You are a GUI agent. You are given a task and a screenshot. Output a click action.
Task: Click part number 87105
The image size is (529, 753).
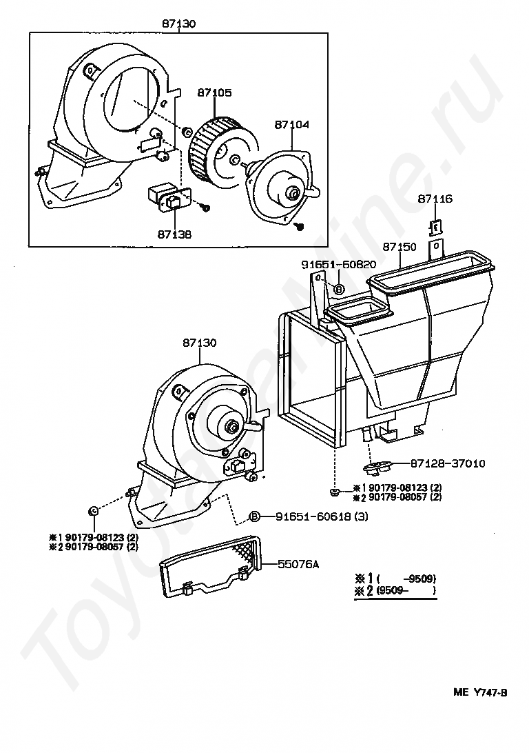(x=214, y=92)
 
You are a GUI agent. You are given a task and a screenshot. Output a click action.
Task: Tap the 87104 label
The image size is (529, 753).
(x=291, y=124)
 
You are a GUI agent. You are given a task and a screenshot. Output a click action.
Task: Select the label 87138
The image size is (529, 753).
(x=174, y=234)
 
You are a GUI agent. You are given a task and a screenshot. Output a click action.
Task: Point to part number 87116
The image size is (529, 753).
(x=435, y=199)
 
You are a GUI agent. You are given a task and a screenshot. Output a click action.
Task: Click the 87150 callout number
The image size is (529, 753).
(x=400, y=246)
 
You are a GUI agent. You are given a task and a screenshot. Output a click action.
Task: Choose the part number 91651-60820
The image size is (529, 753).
(x=339, y=265)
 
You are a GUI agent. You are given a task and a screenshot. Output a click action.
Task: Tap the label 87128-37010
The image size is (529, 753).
(x=448, y=463)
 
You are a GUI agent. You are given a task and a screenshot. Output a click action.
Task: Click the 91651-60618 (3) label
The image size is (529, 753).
(x=322, y=516)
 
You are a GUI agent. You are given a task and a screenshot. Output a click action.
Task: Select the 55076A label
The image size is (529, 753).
(x=298, y=564)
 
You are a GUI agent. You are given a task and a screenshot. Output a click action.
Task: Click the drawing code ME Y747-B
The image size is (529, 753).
(x=480, y=692)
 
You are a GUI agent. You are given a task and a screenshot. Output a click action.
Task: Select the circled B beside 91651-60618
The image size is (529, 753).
(x=254, y=516)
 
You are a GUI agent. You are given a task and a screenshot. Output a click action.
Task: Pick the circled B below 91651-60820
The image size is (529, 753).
(x=339, y=289)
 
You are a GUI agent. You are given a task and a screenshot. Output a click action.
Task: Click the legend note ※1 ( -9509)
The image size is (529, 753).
(x=395, y=578)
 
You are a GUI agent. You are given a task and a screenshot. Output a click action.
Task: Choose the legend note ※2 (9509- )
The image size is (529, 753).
(x=395, y=590)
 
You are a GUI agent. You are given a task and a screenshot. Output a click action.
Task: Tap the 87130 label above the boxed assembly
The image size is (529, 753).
(x=178, y=23)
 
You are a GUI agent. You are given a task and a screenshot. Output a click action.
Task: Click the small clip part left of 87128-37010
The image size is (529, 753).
(x=377, y=466)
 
